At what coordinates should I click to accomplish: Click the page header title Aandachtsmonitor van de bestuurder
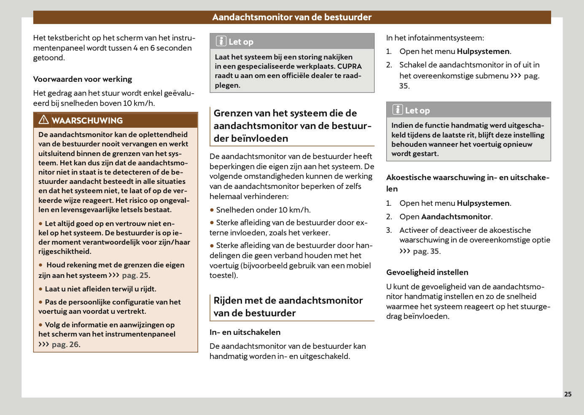[x=292, y=17]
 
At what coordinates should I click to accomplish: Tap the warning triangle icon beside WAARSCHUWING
[x=43, y=120]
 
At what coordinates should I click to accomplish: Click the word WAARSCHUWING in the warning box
[x=87, y=121]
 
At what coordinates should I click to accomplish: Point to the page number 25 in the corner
[x=568, y=394]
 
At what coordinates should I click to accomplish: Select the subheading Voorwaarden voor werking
[x=83, y=79]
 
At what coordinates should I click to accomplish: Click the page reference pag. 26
[x=65, y=345]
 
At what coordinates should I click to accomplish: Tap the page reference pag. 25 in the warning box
[x=135, y=275]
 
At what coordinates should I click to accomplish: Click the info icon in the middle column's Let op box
[x=221, y=41]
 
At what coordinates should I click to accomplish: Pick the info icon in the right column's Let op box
[x=398, y=110]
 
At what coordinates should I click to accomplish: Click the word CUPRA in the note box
[x=349, y=66]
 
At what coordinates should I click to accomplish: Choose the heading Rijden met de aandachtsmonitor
[x=288, y=307]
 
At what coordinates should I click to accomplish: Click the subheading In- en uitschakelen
[x=245, y=332]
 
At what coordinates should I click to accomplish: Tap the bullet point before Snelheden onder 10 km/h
[x=212, y=210]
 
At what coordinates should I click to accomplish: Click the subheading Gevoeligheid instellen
[x=427, y=272]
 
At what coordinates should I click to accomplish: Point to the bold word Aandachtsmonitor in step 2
[x=456, y=217]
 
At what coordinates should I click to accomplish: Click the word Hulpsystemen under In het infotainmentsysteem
[x=483, y=51]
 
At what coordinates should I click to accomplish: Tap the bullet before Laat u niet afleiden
[x=41, y=289]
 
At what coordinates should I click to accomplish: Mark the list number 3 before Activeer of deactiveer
[x=388, y=230]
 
